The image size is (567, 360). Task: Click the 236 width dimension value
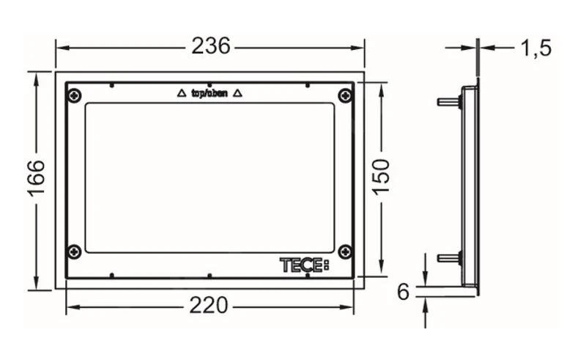[x=210, y=46]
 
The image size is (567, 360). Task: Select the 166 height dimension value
[x=37, y=179]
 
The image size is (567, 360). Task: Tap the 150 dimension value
[x=381, y=177]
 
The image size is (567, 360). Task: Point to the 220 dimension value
[x=209, y=304]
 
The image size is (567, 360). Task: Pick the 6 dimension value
[x=403, y=292]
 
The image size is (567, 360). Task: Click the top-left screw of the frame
[x=74, y=95]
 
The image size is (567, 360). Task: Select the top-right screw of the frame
[x=345, y=95]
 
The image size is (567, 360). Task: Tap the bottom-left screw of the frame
[x=74, y=251]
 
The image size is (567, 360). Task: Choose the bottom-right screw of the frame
[x=345, y=251]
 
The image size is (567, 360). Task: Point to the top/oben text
[x=209, y=93]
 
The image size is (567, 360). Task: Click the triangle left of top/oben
[x=182, y=93]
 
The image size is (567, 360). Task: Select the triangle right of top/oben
[x=237, y=93]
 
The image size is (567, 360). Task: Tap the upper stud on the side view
[x=448, y=101]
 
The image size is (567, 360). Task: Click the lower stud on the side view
[x=448, y=257]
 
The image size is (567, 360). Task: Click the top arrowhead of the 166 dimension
[x=37, y=76]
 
